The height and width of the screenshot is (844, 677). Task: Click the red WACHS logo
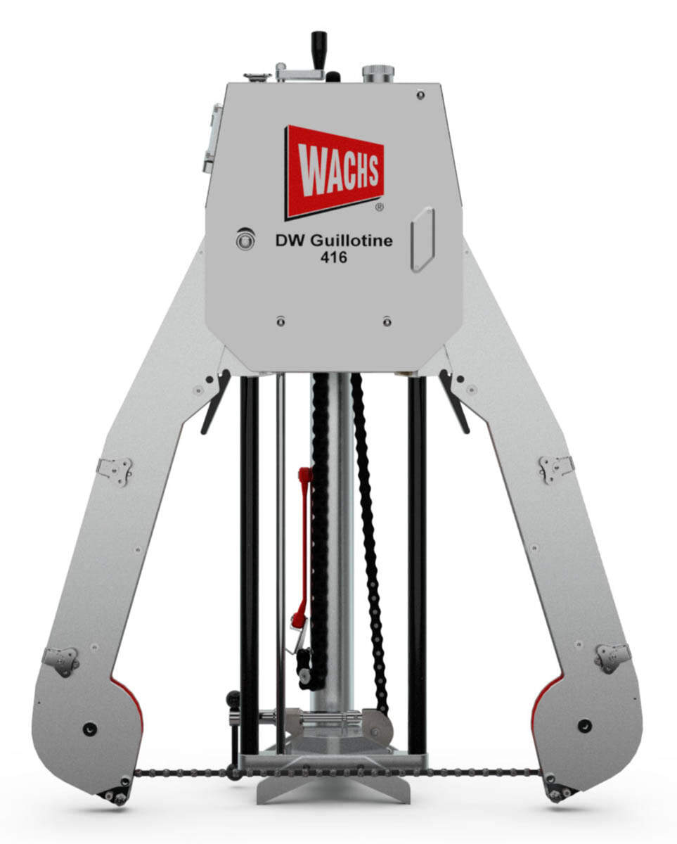tap(334, 173)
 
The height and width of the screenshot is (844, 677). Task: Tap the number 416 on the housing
tap(334, 257)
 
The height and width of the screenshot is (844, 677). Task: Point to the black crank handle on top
tap(319, 50)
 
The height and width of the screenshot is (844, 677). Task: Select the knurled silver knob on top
tap(378, 74)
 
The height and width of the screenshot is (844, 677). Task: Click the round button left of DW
tap(245, 239)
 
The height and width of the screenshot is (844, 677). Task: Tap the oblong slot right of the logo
tap(423, 239)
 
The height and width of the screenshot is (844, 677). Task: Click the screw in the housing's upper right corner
tap(420, 95)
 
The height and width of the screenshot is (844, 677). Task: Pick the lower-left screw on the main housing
tap(281, 321)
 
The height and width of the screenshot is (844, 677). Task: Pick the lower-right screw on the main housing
tap(387, 321)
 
